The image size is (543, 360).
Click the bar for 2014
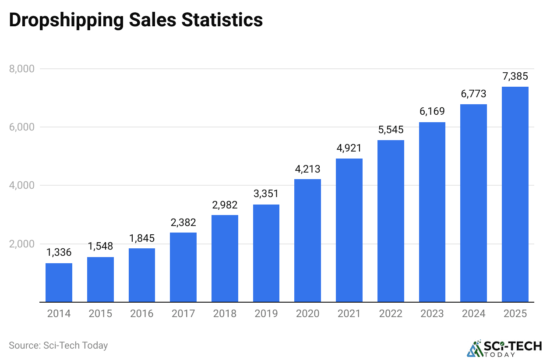(x=59, y=282)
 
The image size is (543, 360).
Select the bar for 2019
(x=266, y=253)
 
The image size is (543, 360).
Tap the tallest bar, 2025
(x=515, y=194)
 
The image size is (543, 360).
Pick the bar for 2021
(x=349, y=230)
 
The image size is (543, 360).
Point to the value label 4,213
(x=307, y=169)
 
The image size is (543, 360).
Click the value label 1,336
(x=59, y=253)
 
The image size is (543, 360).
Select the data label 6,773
(x=473, y=94)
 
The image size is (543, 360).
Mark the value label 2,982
(x=225, y=205)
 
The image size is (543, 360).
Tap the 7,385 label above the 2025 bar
(x=515, y=77)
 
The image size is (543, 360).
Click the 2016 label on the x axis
(x=141, y=314)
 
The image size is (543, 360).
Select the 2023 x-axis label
(x=432, y=314)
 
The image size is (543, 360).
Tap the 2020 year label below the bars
(x=307, y=314)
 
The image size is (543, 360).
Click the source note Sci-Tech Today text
(x=58, y=345)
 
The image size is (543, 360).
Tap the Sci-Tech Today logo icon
(x=474, y=348)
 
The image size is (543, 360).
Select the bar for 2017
(x=183, y=267)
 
